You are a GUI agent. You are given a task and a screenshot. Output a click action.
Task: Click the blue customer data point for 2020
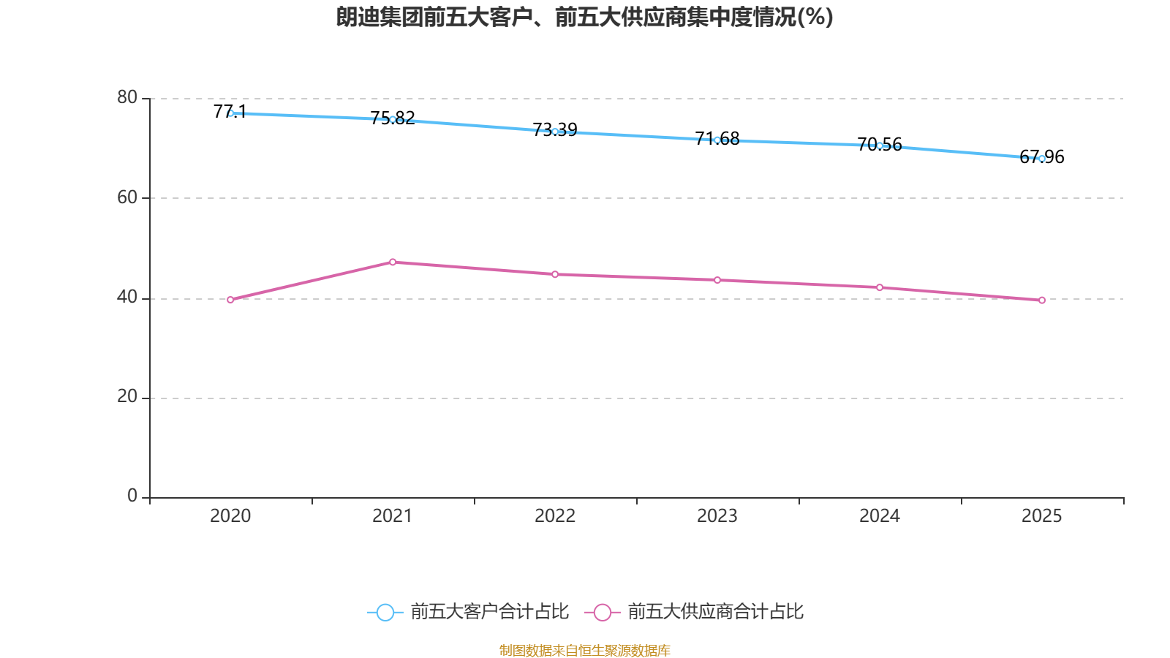(x=230, y=113)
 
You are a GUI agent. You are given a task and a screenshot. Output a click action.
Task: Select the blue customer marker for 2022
(x=555, y=132)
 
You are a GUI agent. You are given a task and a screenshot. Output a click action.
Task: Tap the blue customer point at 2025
(x=1041, y=159)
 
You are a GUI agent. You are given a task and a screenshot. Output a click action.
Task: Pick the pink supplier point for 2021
(x=393, y=262)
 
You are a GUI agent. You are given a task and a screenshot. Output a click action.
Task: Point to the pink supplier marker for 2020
(x=230, y=300)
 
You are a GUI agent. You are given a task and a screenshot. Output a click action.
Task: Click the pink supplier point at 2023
(x=717, y=280)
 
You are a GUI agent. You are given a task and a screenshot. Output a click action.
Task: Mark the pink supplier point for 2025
(x=1041, y=300)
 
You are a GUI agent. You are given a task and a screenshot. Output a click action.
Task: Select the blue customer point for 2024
(x=880, y=145)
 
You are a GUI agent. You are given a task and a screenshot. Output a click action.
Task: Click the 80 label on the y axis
(x=127, y=97)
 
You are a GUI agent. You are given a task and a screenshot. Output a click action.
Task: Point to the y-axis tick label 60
(x=127, y=197)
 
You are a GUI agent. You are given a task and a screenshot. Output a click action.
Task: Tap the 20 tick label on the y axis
(x=127, y=396)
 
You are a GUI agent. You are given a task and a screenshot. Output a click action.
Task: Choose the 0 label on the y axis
(x=132, y=496)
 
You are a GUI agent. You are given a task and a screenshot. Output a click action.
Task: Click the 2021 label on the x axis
(x=393, y=516)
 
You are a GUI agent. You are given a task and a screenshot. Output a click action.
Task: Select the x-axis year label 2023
(x=717, y=516)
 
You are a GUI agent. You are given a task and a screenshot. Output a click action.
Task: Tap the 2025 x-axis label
(x=1041, y=516)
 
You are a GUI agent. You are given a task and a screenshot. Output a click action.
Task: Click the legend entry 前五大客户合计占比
(x=489, y=612)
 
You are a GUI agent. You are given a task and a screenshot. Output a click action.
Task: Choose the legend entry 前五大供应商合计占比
(x=715, y=612)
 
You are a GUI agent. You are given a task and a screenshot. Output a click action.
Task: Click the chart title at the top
(x=584, y=17)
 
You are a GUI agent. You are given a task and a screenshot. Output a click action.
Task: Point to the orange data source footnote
(x=584, y=650)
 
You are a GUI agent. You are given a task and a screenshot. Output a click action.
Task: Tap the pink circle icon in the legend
(x=602, y=612)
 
